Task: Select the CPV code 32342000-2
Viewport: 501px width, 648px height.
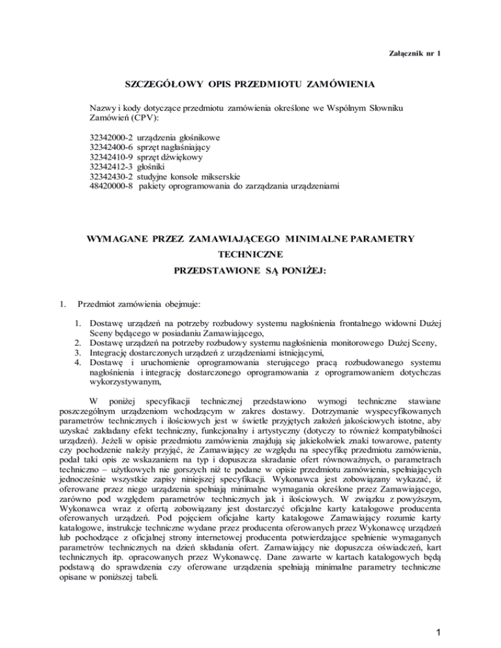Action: (111, 138)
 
